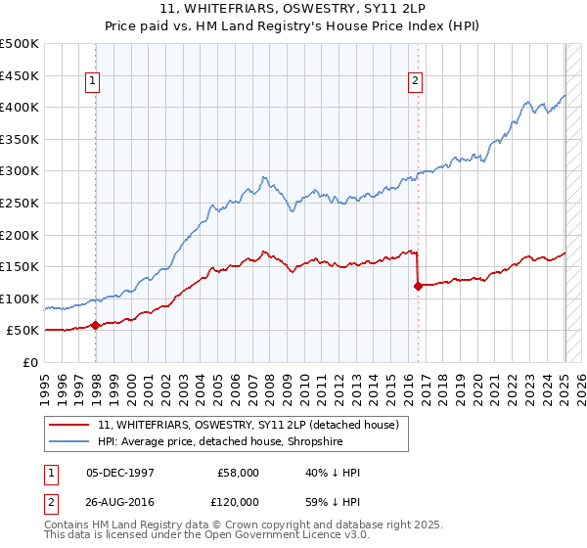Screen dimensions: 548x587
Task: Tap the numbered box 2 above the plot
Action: tap(416, 81)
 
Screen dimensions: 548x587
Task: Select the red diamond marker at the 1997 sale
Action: tap(95, 325)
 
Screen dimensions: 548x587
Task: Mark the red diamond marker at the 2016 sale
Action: tap(418, 286)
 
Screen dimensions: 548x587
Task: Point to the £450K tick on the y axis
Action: tap(20, 75)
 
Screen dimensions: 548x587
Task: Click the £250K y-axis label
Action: tap(20, 203)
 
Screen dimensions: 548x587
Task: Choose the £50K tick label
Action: tap(23, 331)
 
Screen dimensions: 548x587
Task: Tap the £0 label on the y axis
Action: tap(31, 363)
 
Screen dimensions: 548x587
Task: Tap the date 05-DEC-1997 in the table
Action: tap(121, 473)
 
